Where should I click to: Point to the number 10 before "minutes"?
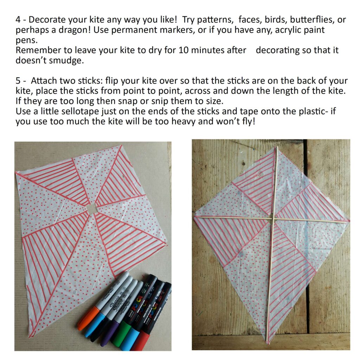pyautogui.click(x=183, y=50)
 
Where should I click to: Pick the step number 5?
pyautogui.click(x=18, y=81)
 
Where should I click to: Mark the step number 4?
pyautogui.click(x=18, y=20)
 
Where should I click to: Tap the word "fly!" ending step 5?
pyautogui.click(x=249, y=121)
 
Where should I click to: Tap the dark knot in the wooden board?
pyautogui.click(x=244, y=164)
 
